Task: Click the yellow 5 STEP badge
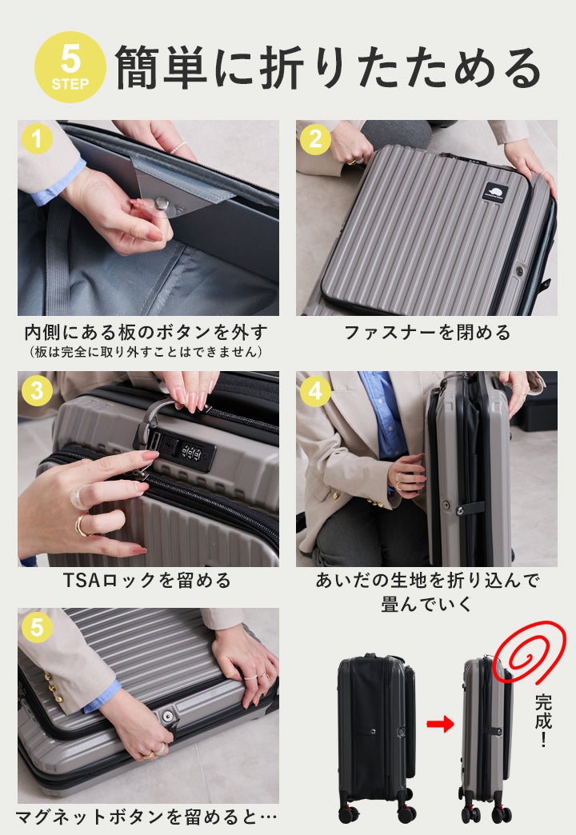pyautogui.click(x=70, y=68)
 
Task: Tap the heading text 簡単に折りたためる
pyautogui.click(x=329, y=68)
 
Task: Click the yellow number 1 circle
pyautogui.click(x=37, y=139)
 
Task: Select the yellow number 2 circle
pyautogui.click(x=315, y=139)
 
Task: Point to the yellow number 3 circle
pyautogui.click(x=37, y=391)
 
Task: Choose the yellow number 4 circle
pyautogui.click(x=315, y=391)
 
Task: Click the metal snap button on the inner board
pyautogui.click(x=161, y=202)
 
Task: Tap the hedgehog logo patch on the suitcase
pyautogui.click(x=494, y=192)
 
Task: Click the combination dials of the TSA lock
pyautogui.click(x=191, y=453)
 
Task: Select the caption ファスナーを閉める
pyautogui.click(x=427, y=333)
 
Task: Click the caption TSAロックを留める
pyautogui.click(x=147, y=580)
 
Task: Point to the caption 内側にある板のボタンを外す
pyautogui.click(x=146, y=333)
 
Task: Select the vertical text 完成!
pyautogui.click(x=543, y=720)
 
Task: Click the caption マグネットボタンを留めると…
pyautogui.click(x=146, y=817)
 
